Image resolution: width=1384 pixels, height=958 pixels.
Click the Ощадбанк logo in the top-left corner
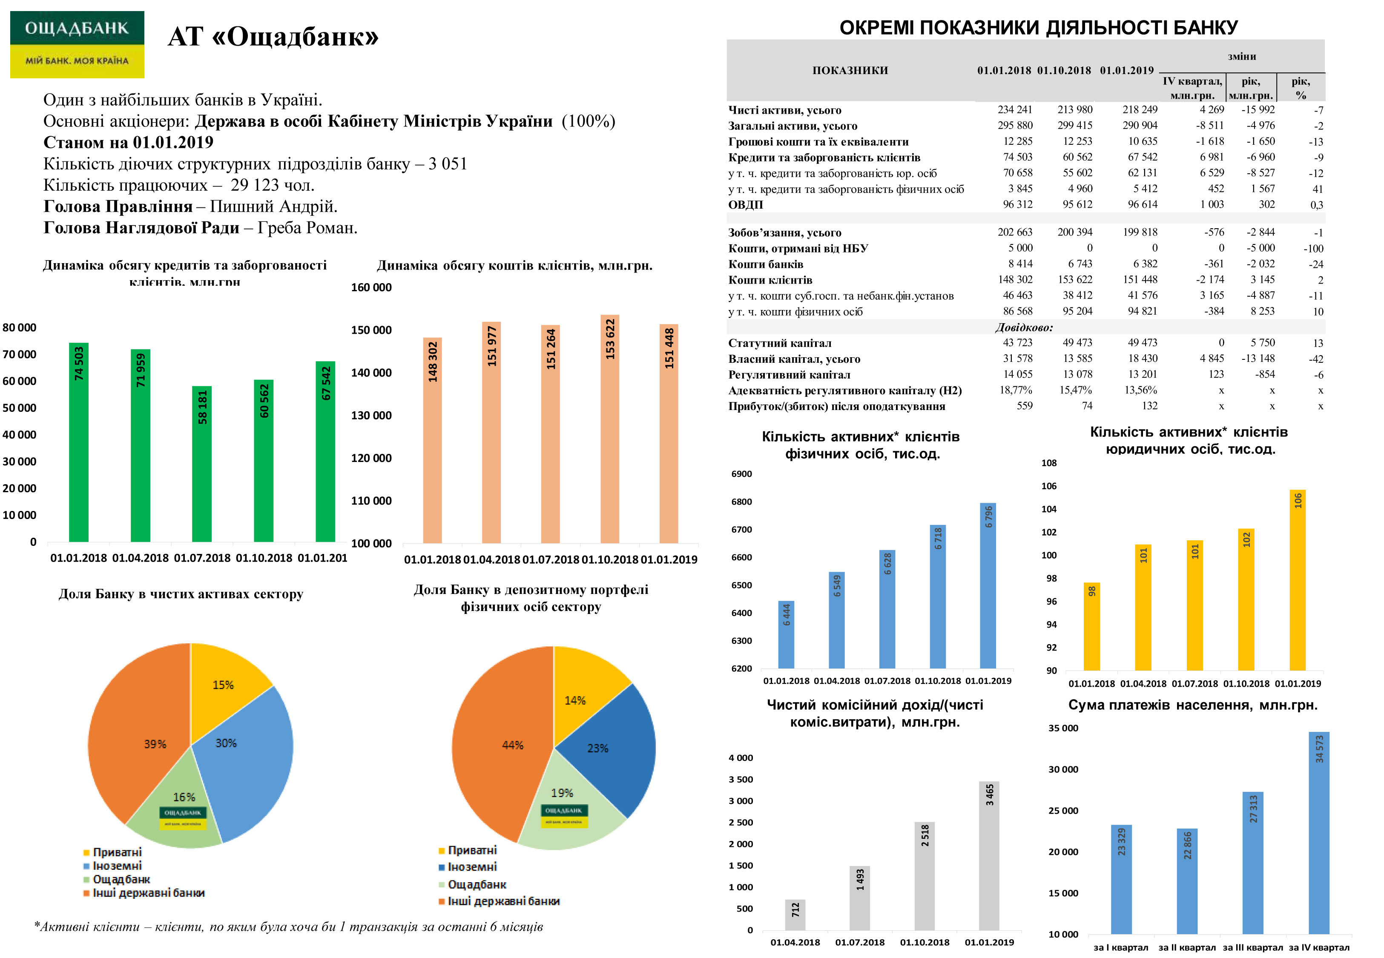point(77,44)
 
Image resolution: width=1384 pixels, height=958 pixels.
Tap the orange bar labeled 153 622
point(610,429)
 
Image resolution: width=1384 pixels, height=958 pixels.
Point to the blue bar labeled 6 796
point(988,585)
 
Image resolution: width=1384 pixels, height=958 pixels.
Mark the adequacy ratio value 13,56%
point(1140,390)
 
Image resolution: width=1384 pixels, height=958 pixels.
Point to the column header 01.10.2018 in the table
point(1064,70)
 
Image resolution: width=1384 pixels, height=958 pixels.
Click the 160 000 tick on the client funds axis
point(371,287)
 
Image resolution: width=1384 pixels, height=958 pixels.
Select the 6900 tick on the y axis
point(741,474)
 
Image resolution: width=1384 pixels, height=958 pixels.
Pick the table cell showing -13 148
point(1258,359)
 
